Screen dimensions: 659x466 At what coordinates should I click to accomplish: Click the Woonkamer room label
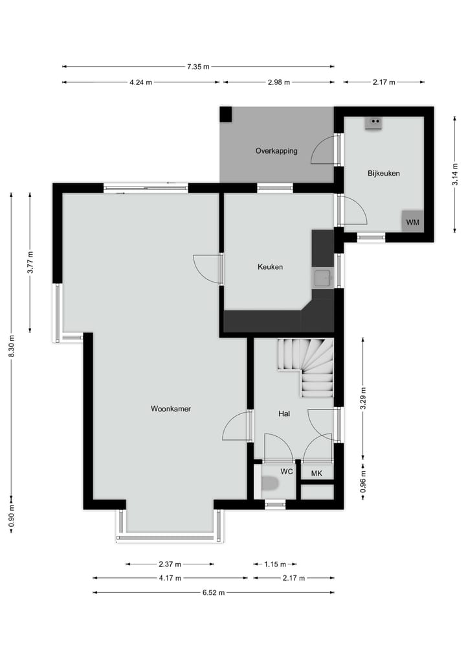point(170,409)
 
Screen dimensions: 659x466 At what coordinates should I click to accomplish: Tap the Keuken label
point(270,267)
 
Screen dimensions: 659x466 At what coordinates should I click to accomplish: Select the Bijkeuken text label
point(383,174)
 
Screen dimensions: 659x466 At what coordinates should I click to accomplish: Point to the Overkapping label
point(276,151)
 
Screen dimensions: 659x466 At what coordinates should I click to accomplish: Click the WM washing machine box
point(412,222)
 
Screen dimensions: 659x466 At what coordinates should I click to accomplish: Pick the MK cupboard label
point(316,473)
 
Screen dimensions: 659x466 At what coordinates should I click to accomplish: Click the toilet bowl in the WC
point(269,483)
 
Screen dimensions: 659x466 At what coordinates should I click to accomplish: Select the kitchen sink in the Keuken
point(322,279)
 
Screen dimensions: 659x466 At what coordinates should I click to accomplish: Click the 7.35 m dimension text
point(198,66)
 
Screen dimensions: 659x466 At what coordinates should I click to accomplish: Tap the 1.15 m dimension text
point(274,564)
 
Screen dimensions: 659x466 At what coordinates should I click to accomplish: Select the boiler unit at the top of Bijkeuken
point(373,122)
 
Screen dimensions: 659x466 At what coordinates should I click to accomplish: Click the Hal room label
point(284,413)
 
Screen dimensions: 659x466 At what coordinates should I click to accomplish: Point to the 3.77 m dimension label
point(30,262)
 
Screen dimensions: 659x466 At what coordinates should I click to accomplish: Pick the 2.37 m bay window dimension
point(170,564)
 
